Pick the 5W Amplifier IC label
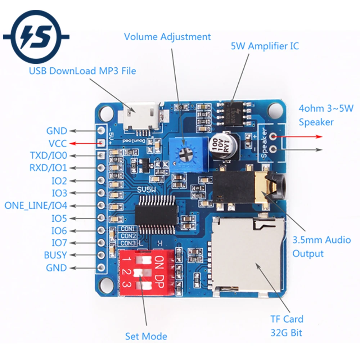click(x=265, y=46)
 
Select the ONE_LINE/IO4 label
click(x=36, y=206)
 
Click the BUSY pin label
click(x=55, y=255)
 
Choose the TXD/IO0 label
click(x=49, y=156)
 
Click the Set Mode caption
click(x=146, y=337)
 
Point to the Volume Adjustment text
click(x=167, y=37)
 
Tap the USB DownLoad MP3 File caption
click(x=82, y=71)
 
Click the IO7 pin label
click(x=59, y=243)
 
